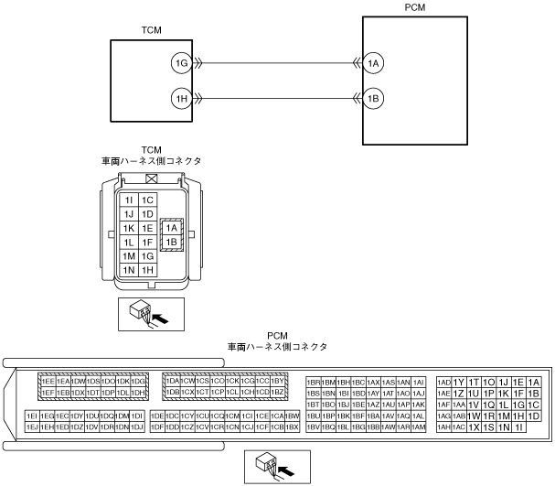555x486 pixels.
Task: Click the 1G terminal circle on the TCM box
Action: (x=181, y=63)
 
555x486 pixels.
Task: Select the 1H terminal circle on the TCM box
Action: (x=181, y=97)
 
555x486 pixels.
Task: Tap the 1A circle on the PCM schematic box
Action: (x=372, y=63)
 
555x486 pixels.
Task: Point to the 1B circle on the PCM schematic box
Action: (x=372, y=97)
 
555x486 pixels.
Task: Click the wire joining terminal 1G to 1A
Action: (x=274, y=63)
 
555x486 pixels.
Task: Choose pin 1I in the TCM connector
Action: (x=129, y=200)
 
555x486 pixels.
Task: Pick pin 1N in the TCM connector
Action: (x=129, y=270)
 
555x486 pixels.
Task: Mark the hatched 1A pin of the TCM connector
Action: (x=171, y=228)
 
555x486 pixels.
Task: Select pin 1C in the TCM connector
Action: (x=147, y=200)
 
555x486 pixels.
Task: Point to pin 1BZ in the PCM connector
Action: (x=279, y=393)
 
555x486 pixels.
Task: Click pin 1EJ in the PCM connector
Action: (x=32, y=427)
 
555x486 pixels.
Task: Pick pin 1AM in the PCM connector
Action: (x=418, y=427)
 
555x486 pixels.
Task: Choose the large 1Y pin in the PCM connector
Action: (x=459, y=382)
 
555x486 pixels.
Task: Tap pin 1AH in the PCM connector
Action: (x=443, y=427)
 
